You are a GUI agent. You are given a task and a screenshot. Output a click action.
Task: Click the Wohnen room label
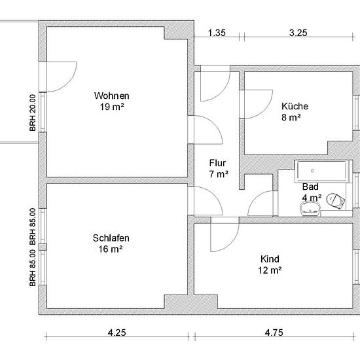pyautogui.click(x=111, y=96)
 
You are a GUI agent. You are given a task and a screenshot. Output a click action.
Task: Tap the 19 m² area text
pyautogui.click(x=112, y=107)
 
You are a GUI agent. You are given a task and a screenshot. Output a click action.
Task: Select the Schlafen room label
pyautogui.click(x=111, y=238)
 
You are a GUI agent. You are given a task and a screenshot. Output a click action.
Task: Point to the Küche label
pyautogui.click(x=295, y=106)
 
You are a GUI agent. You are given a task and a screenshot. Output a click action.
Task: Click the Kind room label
pyautogui.click(x=270, y=259)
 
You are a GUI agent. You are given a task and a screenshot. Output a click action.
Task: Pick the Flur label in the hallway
pyautogui.click(x=217, y=163)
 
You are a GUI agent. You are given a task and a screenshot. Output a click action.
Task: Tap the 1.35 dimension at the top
pyautogui.click(x=217, y=33)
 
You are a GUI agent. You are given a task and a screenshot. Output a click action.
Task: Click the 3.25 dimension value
pyautogui.click(x=298, y=33)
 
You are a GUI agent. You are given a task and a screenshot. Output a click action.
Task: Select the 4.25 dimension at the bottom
pyautogui.click(x=117, y=333)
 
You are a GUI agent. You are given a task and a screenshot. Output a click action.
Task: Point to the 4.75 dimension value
pyautogui.click(x=274, y=333)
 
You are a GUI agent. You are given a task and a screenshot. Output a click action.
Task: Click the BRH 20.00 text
pyautogui.click(x=33, y=113)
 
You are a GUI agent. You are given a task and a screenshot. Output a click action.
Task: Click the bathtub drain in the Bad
pyautogui.click(x=312, y=171)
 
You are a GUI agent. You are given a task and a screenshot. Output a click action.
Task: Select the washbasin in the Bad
pyautogui.click(x=310, y=209)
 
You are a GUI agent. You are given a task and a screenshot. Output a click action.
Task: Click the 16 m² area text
pyautogui.click(x=111, y=249)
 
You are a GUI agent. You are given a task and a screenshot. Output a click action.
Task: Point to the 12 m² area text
pyautogui.click(x=270, y=270)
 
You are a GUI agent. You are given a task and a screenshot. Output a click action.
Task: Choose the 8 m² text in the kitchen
pyautogui.click(x=291, y=117)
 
